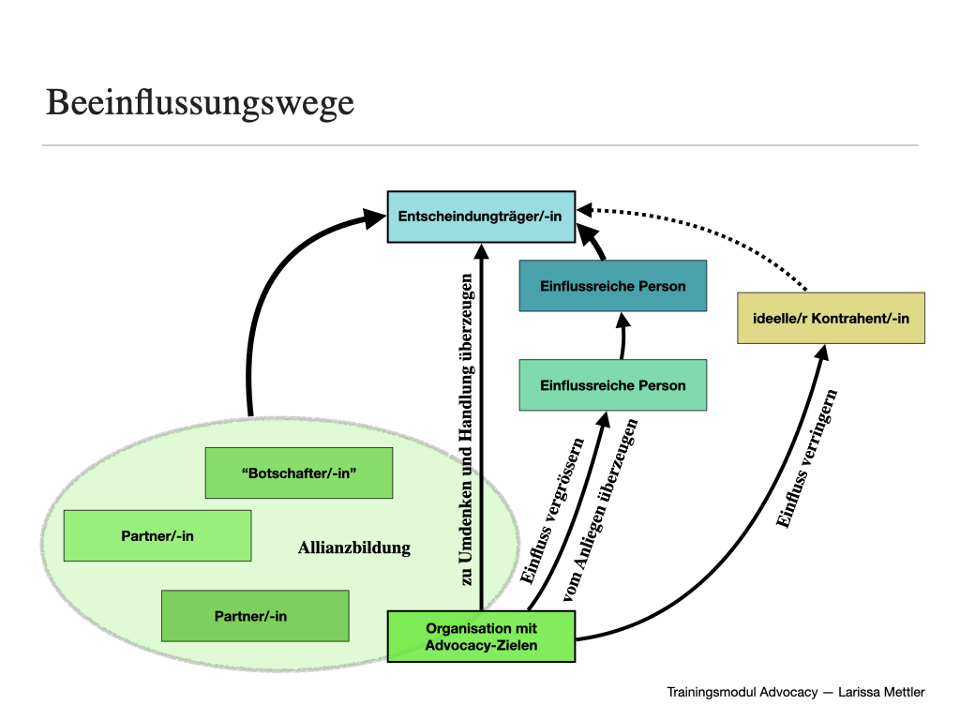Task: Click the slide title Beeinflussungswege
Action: point(200,102)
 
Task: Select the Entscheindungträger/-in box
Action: point(480,217)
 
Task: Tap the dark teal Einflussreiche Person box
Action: point(612,286)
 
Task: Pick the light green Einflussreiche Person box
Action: point(612,385)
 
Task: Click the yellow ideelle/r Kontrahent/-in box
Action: point(831,318)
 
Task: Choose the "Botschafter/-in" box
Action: point(298,473)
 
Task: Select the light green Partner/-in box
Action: point(157,536)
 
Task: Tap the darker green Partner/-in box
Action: point(255,616)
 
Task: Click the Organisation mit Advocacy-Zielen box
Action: point(480,637)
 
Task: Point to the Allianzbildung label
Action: point(354,547)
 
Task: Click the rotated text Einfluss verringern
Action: point(807,459)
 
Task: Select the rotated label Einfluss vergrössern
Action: point(552,511)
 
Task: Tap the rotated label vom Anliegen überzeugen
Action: point(600,520)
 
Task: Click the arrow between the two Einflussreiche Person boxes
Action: point(621,337)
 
